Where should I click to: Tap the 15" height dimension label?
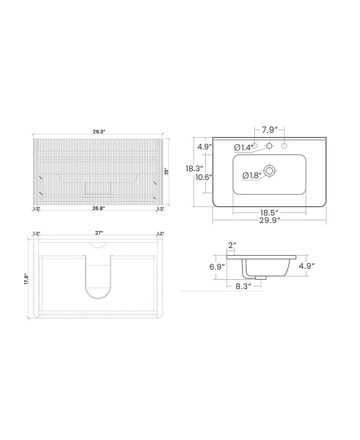(167, 172)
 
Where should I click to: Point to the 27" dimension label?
(99, 233)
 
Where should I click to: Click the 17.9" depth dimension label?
(27, 279)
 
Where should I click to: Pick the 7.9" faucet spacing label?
(270, 130)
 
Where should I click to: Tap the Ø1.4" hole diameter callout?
(243, 147)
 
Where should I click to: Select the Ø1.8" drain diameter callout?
(252, 175)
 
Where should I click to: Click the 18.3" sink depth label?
(194, 168)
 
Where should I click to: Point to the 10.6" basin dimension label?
(204, 177)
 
